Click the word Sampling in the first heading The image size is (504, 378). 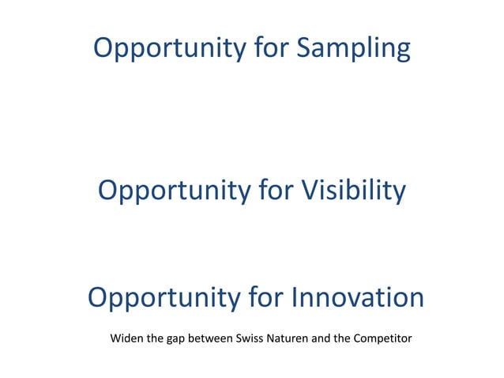tap(354, 49)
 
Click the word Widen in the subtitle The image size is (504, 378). tap(126, 339)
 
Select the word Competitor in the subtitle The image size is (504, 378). tap(382, 340)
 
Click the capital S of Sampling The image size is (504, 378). tap(305, 48)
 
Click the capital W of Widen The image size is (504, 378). tap(115, 339)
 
